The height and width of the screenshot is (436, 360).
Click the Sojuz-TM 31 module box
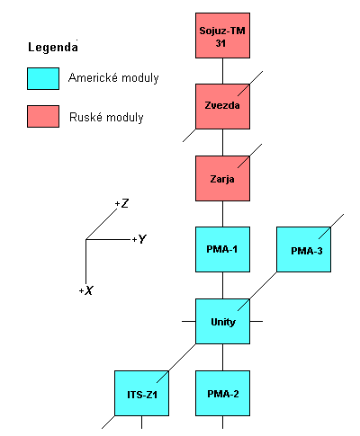pos(222,36)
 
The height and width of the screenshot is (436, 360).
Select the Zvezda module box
pos(222,106)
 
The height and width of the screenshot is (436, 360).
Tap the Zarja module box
pos(222,178)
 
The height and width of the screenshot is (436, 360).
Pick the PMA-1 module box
pos(222,249)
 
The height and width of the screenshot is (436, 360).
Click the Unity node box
pos(222,321)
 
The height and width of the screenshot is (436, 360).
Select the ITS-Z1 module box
pos(141,394)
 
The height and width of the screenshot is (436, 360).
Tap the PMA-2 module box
pos(222,394)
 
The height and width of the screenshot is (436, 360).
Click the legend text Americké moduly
pos(113,78)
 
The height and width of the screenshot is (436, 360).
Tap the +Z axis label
pos(122,204)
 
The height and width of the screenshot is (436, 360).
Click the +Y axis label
pos(139,239)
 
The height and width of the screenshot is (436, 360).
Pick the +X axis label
pos(86,290)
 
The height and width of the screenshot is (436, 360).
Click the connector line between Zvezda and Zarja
pos(222,142)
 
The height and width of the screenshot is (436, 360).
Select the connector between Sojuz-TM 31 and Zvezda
pos(222,71)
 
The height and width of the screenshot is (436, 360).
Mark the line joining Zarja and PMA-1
pos(222,214)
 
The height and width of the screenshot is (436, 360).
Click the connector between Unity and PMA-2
pos(222,357)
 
